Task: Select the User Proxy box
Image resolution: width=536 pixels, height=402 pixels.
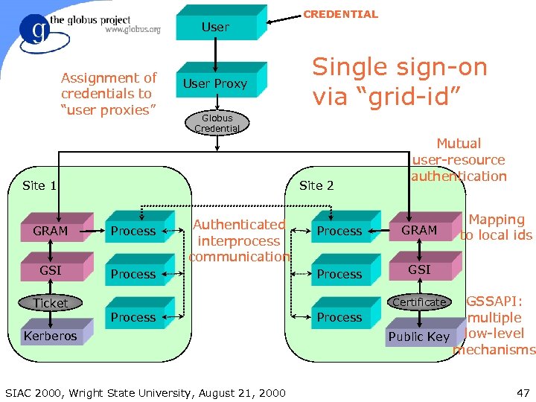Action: [215, 83]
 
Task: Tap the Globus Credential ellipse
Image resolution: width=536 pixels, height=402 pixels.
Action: [217, 123]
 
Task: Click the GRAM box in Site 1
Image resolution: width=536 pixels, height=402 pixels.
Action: [51, 232]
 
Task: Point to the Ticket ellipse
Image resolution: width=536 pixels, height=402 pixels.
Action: [51, 303]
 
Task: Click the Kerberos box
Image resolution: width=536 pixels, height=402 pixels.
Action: [50, 336]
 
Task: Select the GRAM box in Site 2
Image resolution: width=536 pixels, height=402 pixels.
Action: [419, 231]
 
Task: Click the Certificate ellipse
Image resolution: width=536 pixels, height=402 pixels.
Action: [419, 301]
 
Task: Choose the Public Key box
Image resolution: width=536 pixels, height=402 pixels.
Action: [418, 336]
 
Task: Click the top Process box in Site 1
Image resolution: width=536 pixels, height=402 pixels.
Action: [133, 232]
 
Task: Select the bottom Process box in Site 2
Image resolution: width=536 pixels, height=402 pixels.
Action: [339, 317]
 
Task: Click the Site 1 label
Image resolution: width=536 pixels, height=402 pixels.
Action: [39, 185]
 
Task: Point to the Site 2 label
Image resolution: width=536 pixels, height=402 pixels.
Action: [316, 185]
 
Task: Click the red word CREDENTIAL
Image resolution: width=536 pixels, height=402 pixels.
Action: [341, 14]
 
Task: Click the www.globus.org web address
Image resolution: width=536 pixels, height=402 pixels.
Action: [133, 30]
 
